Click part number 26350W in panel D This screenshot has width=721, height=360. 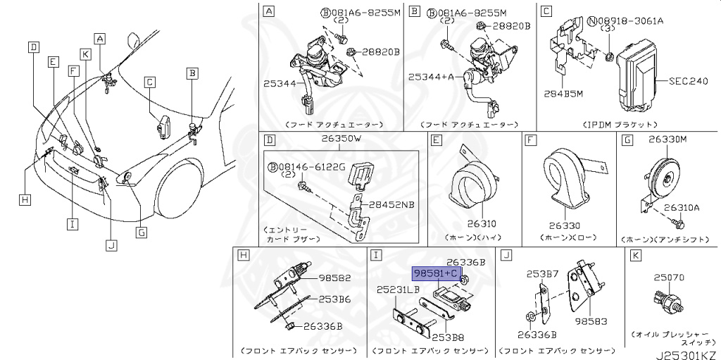point(341,139)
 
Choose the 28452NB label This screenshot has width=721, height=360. point(393,204)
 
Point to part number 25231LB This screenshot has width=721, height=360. point(398,290)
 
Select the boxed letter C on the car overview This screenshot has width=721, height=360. point(149,82)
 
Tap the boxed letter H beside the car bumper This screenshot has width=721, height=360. point(25,200)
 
